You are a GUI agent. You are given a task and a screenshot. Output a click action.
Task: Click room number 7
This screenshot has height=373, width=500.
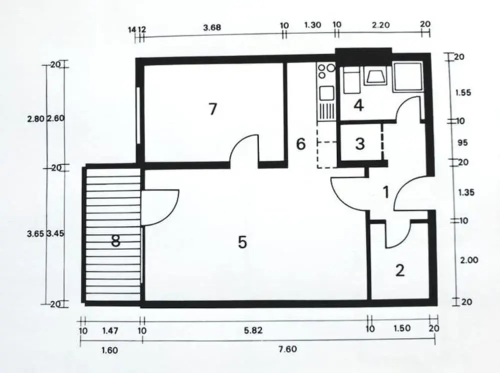[212, 108]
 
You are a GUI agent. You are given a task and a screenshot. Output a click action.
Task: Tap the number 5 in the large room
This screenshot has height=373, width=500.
[242, 242]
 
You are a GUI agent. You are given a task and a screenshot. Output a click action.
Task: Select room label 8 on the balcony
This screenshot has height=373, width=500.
[115, 240]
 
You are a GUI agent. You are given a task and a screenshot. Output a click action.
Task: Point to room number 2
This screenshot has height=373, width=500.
[400, 270]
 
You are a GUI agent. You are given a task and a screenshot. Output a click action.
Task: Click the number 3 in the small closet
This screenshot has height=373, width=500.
[360, 144]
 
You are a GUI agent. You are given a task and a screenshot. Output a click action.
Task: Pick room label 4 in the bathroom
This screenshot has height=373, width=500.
[358, 105]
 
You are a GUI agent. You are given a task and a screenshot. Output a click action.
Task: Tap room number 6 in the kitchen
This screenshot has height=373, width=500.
[300, 144]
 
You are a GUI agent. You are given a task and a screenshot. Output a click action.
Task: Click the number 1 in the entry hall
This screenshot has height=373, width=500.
[386, 192]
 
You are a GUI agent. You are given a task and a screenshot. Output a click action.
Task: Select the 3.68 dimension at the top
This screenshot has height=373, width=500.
[212, 27]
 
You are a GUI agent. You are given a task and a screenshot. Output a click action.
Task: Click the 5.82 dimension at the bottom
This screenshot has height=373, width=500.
[253, 330]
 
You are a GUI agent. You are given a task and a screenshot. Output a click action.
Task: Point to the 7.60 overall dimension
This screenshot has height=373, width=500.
[287, 349]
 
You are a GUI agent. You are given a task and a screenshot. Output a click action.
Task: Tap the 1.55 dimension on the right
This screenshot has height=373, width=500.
[463, 93]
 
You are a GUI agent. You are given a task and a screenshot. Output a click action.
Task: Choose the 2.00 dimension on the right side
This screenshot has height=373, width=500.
[469, 260]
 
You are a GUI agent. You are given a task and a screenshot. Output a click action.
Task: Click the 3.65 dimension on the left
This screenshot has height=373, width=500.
[36, 233]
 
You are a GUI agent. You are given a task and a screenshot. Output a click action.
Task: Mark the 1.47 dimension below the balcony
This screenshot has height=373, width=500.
[110, 330]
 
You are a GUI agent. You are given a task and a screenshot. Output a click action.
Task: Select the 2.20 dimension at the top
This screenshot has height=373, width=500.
[380, 25]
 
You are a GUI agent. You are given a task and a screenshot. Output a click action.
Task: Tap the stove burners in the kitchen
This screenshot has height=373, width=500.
[326, 71]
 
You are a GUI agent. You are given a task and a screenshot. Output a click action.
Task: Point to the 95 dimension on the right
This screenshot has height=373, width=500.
[462, 142]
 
